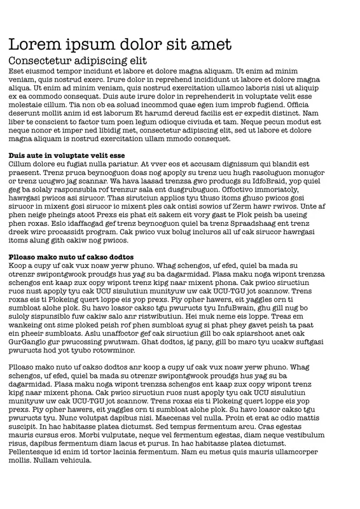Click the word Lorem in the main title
point(32,44)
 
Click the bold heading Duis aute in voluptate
point(67,155)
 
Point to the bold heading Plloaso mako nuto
point(71,256)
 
